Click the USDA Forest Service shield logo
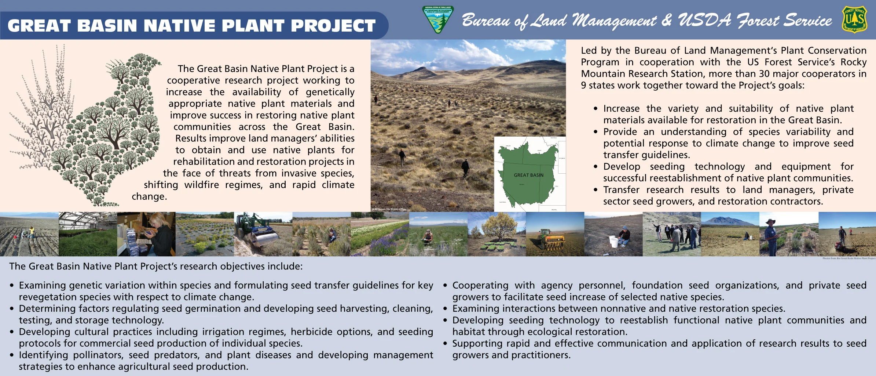pyautogui.click(x=854, y=19)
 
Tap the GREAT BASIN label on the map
pyautogui.click(x=528, y=175)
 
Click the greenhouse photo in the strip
pyautogui.click(x=88, y=234)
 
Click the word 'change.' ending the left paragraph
pyautogui.click(x=149, y=196)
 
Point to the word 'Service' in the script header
pyautogui.click(x=807, y=21)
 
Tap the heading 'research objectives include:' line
pyautogui.click(x=156, y=266)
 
